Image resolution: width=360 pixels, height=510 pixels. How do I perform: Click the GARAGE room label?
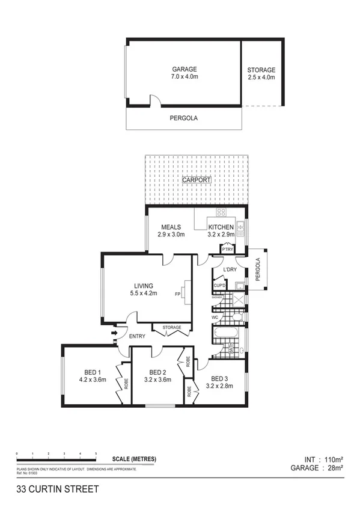(x=184, y=69)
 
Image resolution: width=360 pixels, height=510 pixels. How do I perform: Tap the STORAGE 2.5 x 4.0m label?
(x=261, y=70)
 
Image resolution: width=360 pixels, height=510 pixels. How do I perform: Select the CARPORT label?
(x=197, y=180)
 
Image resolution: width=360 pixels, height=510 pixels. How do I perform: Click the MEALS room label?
(x=171, y=227)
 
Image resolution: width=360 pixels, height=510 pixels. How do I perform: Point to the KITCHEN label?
(x=221, y=227)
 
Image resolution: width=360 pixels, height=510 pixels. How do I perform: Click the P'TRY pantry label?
(x=227, y=249)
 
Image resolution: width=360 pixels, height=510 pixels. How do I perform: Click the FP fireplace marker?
(x=178, y=294)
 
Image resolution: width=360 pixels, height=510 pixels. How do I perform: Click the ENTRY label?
(x=136, y=336)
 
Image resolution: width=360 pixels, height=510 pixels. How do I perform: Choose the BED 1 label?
(x=92, y=372)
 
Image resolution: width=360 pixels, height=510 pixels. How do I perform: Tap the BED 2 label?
(x=157, y=372)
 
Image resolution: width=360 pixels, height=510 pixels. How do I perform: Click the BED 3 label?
(x=218, y=378)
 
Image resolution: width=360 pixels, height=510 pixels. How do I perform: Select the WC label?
(x=215, y=317)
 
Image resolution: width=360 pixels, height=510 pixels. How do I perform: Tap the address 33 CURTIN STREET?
(x=58, y=489)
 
